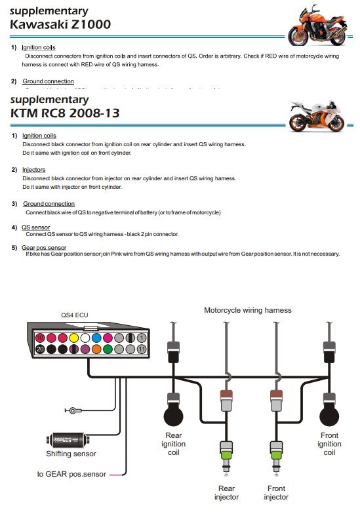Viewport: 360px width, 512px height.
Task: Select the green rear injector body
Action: tap(227, 452)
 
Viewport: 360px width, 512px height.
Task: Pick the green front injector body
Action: tap(276, 452)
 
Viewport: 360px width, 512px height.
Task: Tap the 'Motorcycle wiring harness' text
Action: tap(247, 310)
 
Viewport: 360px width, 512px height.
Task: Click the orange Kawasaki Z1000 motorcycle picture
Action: tap(316, 24)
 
